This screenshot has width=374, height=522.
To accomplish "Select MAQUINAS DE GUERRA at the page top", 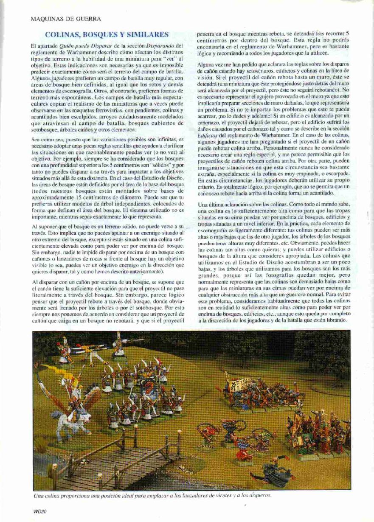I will tap(66, 19).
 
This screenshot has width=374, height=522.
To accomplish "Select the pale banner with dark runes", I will tap(240, 385).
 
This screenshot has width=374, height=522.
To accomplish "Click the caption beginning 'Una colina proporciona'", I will tap(152, 495).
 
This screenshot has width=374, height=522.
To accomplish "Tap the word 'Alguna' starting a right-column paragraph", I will tap(207, 64).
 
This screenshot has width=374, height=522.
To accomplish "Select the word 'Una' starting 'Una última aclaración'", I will tap(203, 205).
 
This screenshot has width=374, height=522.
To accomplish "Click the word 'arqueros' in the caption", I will tap(260, 495).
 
